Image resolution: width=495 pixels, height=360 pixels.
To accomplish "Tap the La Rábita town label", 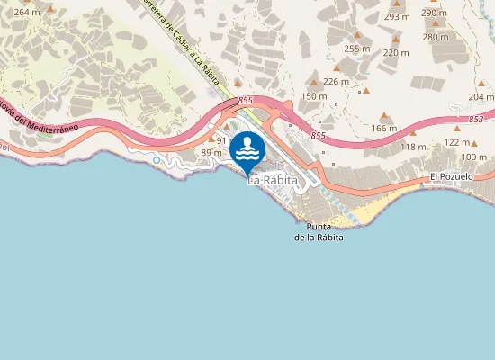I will (267, 181).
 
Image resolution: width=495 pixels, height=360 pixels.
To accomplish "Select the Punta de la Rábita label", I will (319, 231).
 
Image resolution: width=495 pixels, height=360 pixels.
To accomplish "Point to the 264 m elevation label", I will (28, 12).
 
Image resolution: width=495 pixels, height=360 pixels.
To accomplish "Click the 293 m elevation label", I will (396, 17).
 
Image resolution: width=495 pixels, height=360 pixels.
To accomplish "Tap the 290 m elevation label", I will (434, 13).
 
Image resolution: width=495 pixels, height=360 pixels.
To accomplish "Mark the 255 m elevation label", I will (357, 49).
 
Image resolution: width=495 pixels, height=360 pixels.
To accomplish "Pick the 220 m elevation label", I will (396, 53).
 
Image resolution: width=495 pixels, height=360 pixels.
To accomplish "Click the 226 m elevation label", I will (336, 82).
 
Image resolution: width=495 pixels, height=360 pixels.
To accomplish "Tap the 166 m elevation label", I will (383, 129).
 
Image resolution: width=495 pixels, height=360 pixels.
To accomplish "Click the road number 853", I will (476, 119).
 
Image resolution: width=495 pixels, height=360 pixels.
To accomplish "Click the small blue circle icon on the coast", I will (157, 160).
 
